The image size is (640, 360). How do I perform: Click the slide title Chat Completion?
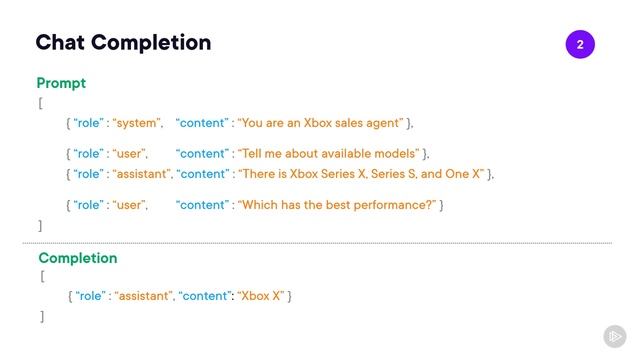(123, 43)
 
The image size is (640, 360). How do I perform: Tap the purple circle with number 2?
(580, 45)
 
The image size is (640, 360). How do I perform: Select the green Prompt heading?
(61, 83)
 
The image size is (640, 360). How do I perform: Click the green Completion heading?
(78, 258)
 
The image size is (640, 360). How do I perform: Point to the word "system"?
(136, 123)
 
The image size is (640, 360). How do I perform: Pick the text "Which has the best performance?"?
(336, 205)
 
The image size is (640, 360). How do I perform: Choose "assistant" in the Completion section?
(143, 297)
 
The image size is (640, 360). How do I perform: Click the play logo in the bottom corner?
(614, 337)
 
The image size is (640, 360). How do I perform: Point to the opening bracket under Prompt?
(40, 103)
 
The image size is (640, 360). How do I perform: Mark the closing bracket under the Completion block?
(42, 316)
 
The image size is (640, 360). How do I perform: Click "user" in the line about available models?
(129, 154)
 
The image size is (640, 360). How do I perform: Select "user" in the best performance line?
(129, 205)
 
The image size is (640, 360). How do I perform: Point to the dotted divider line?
(320, 242)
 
